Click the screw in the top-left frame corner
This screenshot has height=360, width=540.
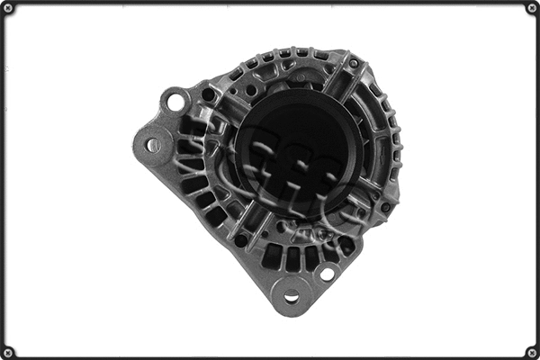click(x=7, y=7)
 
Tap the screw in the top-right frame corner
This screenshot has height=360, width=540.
click(x=532, y=7)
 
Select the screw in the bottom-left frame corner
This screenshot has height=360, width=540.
click(x=7, y=352)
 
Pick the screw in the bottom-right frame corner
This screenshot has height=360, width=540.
click(x=532, y=352)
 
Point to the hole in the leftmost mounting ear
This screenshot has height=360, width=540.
click(x=154, y=144)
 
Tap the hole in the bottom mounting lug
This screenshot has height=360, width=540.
click(x=291, y=296)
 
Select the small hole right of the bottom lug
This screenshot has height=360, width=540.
click(x=327, y=273)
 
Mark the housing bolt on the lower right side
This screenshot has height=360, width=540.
click(x=386, y=207)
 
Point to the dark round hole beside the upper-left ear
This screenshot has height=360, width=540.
click(x=209, y=94)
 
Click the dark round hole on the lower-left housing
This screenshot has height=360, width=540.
click(x=241, y=239)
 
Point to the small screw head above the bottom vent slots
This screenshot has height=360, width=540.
click(x=282, y=228)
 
